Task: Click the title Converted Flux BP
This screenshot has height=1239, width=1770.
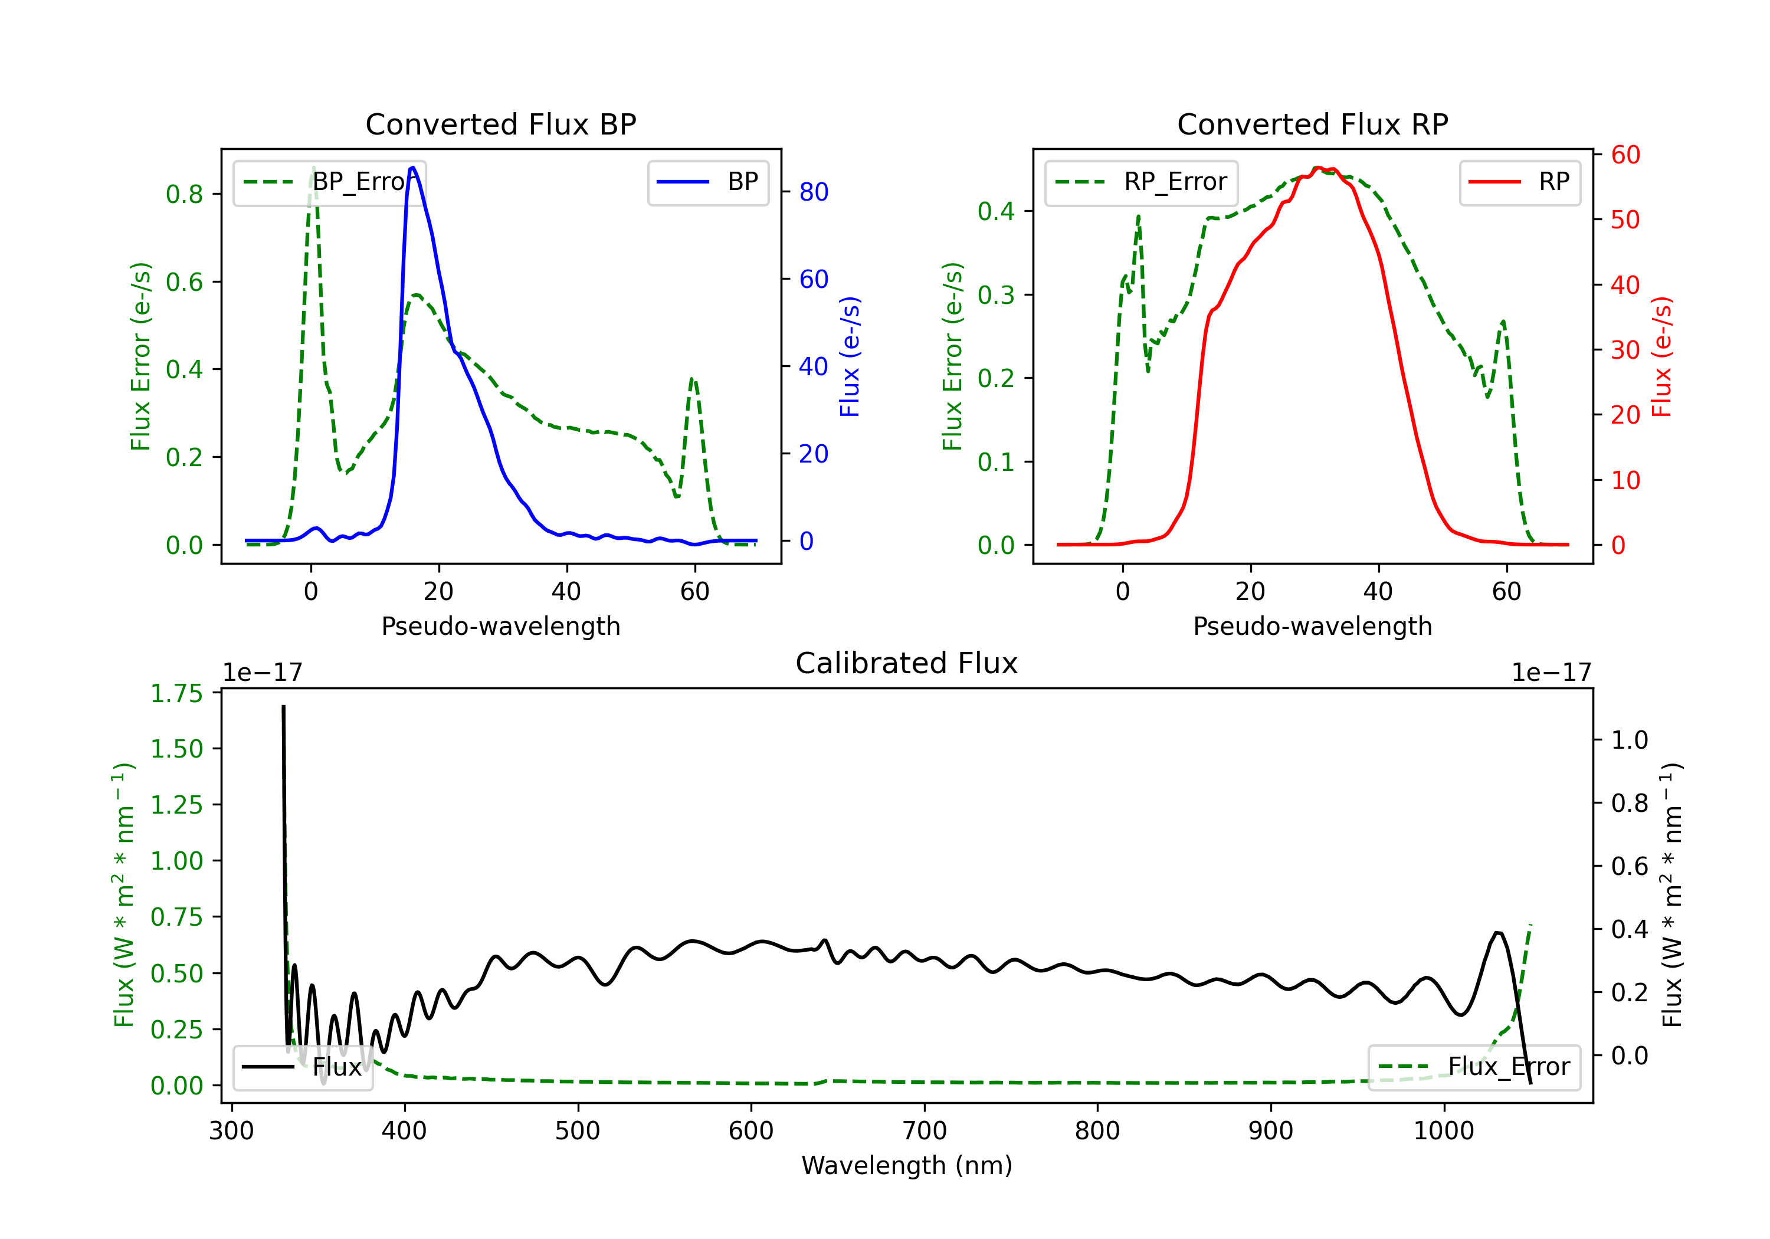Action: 500,124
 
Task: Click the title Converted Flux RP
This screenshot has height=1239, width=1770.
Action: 1312,124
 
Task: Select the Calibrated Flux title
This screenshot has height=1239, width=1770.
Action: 907,663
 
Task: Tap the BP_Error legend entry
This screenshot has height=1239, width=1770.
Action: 329,182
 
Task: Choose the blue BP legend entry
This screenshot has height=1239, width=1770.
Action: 707,182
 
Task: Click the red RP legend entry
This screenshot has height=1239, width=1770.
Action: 1519,182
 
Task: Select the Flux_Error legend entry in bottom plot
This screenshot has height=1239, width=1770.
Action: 1474,1067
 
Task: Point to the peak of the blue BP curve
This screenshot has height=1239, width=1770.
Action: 412,168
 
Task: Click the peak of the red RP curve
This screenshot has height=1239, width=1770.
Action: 1318,168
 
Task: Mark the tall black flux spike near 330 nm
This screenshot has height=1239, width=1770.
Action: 284,707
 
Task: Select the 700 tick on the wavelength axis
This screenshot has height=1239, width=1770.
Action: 925,1130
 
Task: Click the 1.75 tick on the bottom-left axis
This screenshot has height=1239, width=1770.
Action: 176,693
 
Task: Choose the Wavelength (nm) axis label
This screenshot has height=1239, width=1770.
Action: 907,1165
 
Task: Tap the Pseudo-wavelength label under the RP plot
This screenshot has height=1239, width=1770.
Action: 1312,626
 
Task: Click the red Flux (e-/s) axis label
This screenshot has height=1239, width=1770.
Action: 1662,357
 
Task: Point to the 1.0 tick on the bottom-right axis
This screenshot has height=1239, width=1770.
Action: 1630,740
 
